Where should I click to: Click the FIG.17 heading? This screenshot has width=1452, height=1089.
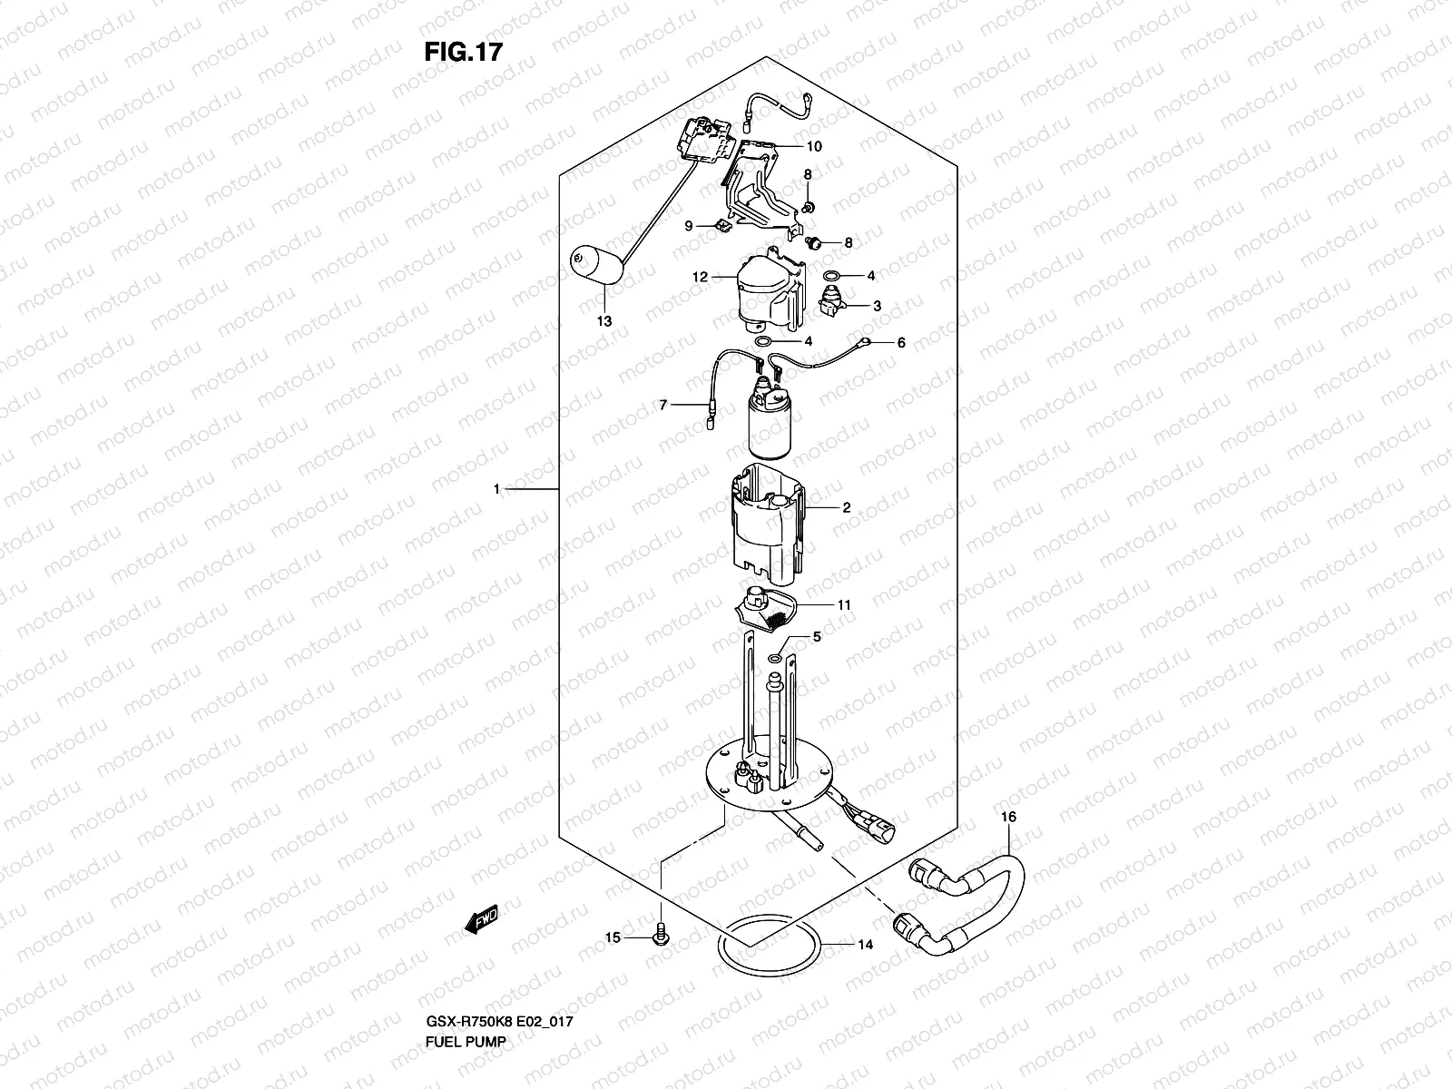[x=463, y=52]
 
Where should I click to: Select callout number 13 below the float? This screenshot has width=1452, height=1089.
[x=604, y=321]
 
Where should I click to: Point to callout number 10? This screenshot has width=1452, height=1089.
[x=813, y=146]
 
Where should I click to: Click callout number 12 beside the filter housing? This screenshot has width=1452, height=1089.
[x=700, y=277]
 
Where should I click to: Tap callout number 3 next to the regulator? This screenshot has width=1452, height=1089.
[x=877, y=306]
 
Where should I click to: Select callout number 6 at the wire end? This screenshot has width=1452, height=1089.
[x=901, y=343]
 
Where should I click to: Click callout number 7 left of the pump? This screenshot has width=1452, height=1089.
[x=663, y=405]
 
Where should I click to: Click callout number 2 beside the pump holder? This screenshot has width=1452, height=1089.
[x=846, y=508]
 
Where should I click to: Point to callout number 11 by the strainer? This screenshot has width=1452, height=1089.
[x=844, y=604]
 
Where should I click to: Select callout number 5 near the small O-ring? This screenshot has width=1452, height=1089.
[x=816, y=638]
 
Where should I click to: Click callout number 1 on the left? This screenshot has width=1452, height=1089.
[x=496, y=489]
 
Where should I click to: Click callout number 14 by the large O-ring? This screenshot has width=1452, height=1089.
[x=865, y=945]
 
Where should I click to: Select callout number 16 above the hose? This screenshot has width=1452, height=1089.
[x=1008, y=818]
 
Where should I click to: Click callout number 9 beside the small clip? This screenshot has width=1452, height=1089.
[x=689, y=225]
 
